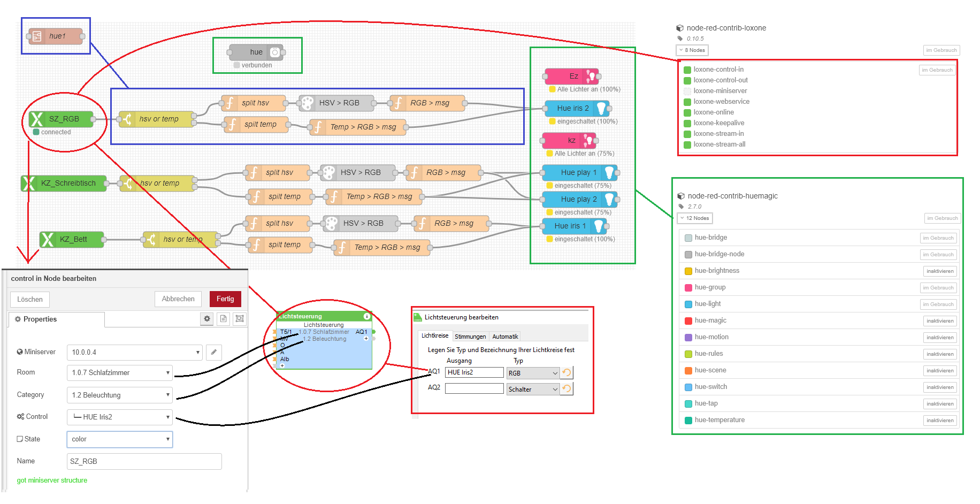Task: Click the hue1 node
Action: [x=56, y=36]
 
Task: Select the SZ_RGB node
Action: [x=61, y=119]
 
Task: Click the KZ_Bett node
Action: [x=72, y=239]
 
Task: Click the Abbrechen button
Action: [x=178, y=299]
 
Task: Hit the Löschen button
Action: [x=30, y=299]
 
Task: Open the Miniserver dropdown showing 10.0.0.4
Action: [x=134, y=352]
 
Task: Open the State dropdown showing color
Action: [x=120, y=439]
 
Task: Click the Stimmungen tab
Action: [x=470, y=337]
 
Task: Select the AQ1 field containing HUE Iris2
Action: [x=474, y=372]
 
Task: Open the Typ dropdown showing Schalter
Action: [x=533, y=390]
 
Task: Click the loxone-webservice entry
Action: [x=721, y=102]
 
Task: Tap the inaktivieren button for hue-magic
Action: [x=940, y=321]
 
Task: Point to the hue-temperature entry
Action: [x=719, y=420]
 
